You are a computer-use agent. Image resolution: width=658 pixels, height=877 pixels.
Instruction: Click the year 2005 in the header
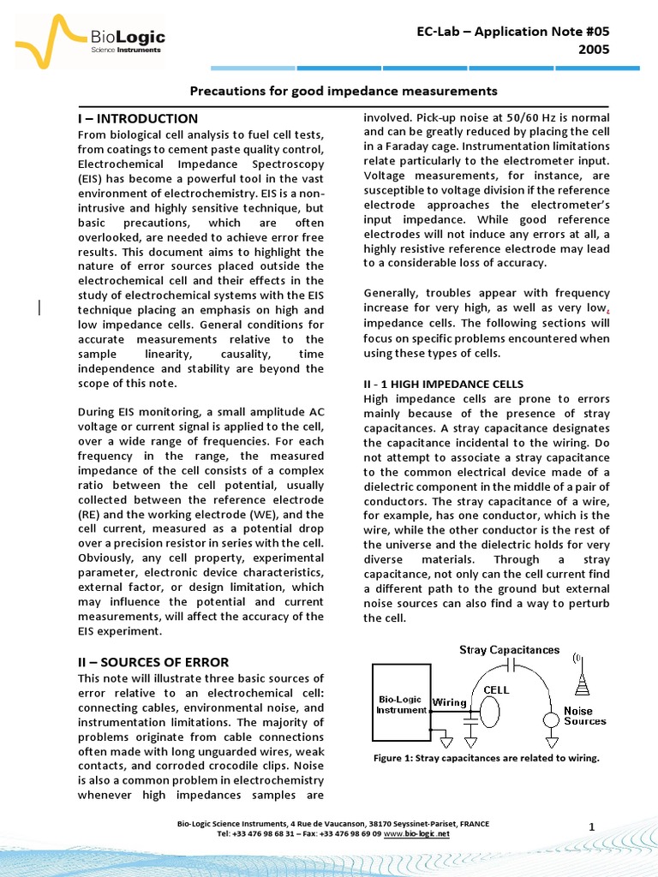[594, 50]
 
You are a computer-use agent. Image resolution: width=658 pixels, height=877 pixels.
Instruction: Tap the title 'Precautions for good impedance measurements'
[343, 91]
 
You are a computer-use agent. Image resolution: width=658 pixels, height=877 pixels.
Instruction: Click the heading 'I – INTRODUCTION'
[137, 118]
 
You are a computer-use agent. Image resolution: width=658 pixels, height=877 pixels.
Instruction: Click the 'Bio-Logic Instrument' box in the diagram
[401, 703]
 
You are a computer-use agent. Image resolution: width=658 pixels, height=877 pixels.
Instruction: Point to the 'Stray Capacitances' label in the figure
[509, 651]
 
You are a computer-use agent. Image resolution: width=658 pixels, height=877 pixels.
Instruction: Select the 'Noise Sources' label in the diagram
[584, 716]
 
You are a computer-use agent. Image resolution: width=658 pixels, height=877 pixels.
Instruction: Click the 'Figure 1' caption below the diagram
[486, 758]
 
